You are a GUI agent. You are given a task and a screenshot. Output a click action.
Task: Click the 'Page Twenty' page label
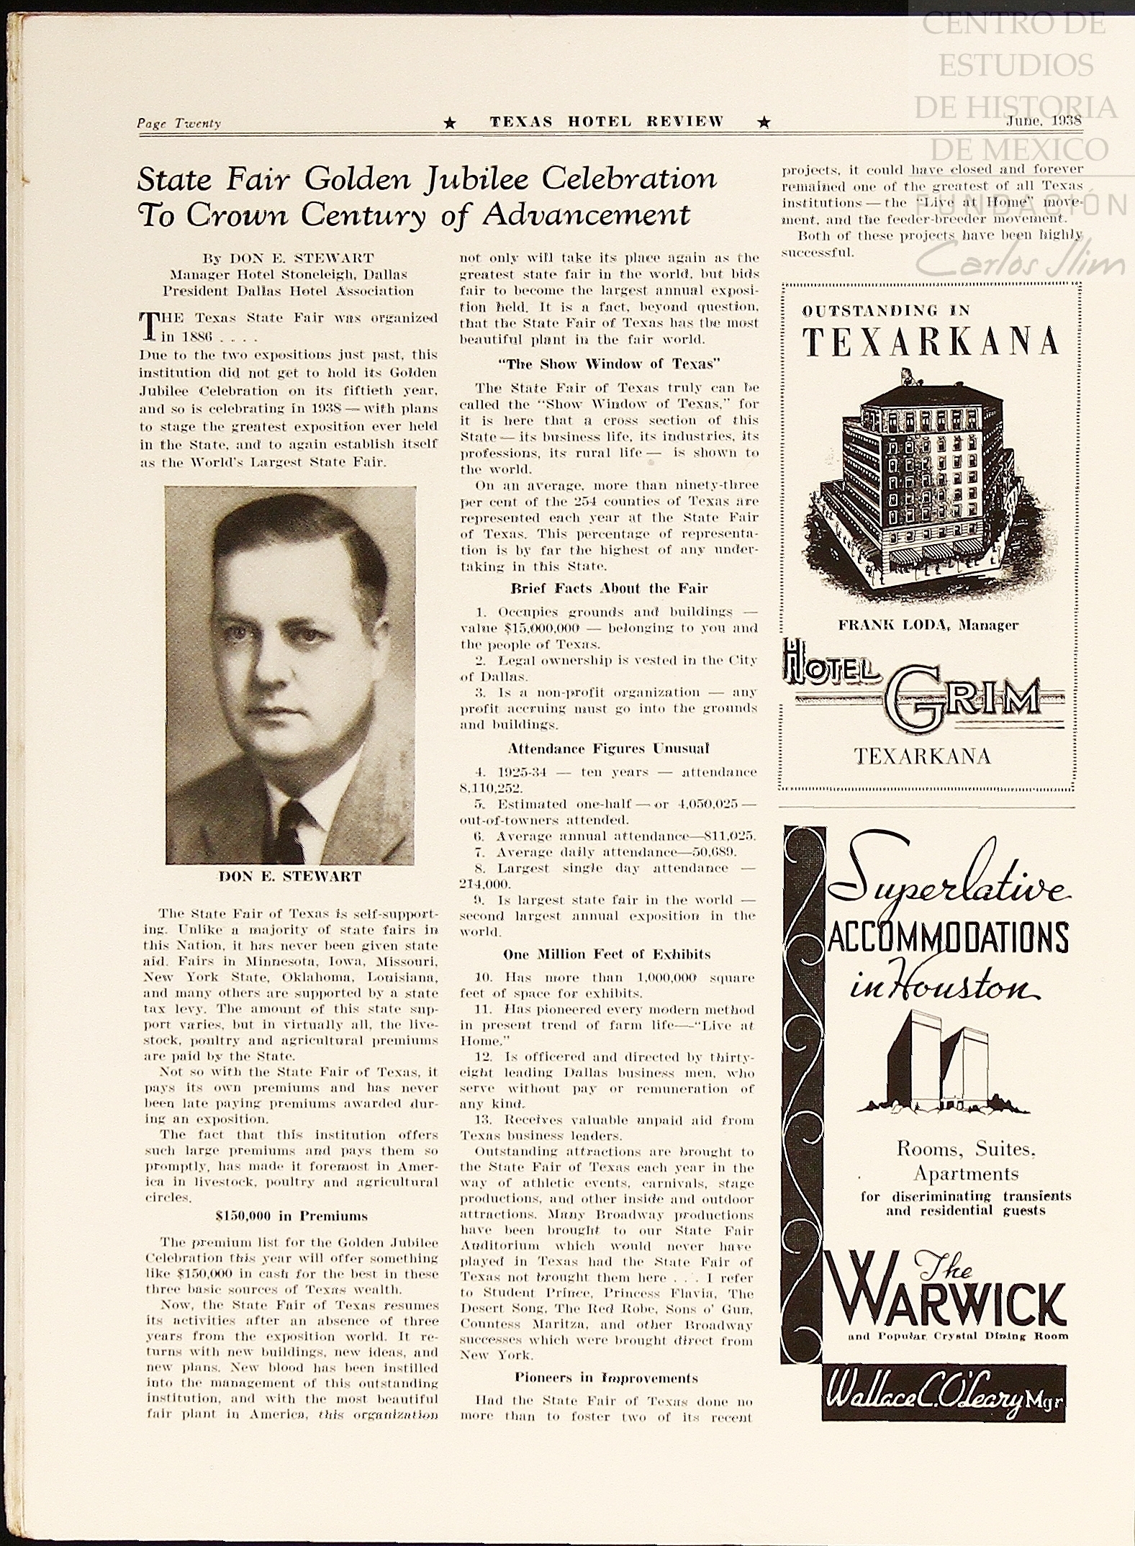(x=179, y=123)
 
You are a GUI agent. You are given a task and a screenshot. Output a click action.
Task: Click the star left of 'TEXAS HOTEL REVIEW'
(x=450, y=123)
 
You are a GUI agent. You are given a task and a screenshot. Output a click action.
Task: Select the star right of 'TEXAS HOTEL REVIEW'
(x=764, y=123)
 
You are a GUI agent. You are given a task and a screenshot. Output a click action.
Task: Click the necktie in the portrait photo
(x=291, y=831)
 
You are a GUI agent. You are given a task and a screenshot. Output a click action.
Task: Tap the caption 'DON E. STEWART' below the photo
(x=290, y=877)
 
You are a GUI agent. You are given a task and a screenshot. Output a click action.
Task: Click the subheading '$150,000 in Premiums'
(x=291, y=1216)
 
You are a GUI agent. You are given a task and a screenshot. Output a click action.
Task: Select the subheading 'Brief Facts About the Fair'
(x=609, y=588)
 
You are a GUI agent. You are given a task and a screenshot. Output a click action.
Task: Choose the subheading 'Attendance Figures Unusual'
(x=609, y=749)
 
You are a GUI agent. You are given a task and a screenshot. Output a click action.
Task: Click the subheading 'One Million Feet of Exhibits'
(x=607, y=954)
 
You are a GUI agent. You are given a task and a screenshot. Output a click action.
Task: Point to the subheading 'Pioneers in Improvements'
(x=606, y=1378)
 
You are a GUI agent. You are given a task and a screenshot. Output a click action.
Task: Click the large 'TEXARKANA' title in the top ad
(x=931, y=343)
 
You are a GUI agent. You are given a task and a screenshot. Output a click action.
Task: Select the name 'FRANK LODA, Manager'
(x=928, y=625)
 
